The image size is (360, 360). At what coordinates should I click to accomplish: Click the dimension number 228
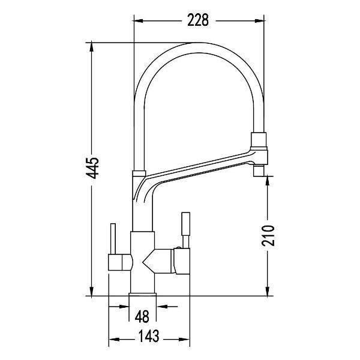pyautogui.click(x=198, y=20)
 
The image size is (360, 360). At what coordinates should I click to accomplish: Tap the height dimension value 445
pyautogui.click(x=92, y=168)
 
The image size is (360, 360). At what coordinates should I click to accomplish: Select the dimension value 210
pyautogui.click(x=268, y=236)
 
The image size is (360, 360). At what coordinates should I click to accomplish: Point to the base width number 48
pyautogui.click(x=142, y=317)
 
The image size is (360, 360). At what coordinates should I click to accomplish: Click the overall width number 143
pyautogui.click(x=149, y=336)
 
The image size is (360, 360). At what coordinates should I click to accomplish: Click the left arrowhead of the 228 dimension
pyautogui.click(x=139, y=21)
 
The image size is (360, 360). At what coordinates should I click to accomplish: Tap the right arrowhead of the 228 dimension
pyautogui.click(x=259, y=21)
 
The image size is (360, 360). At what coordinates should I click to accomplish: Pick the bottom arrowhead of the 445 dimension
pyautogui.click(x=92, y=291)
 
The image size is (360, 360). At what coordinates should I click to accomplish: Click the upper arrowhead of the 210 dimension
pyautogui.click(x=268, y=181)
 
